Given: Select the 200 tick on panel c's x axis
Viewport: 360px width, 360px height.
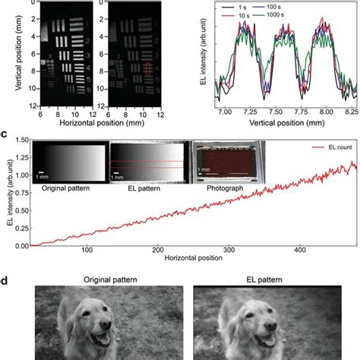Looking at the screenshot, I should click(157, 251).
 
